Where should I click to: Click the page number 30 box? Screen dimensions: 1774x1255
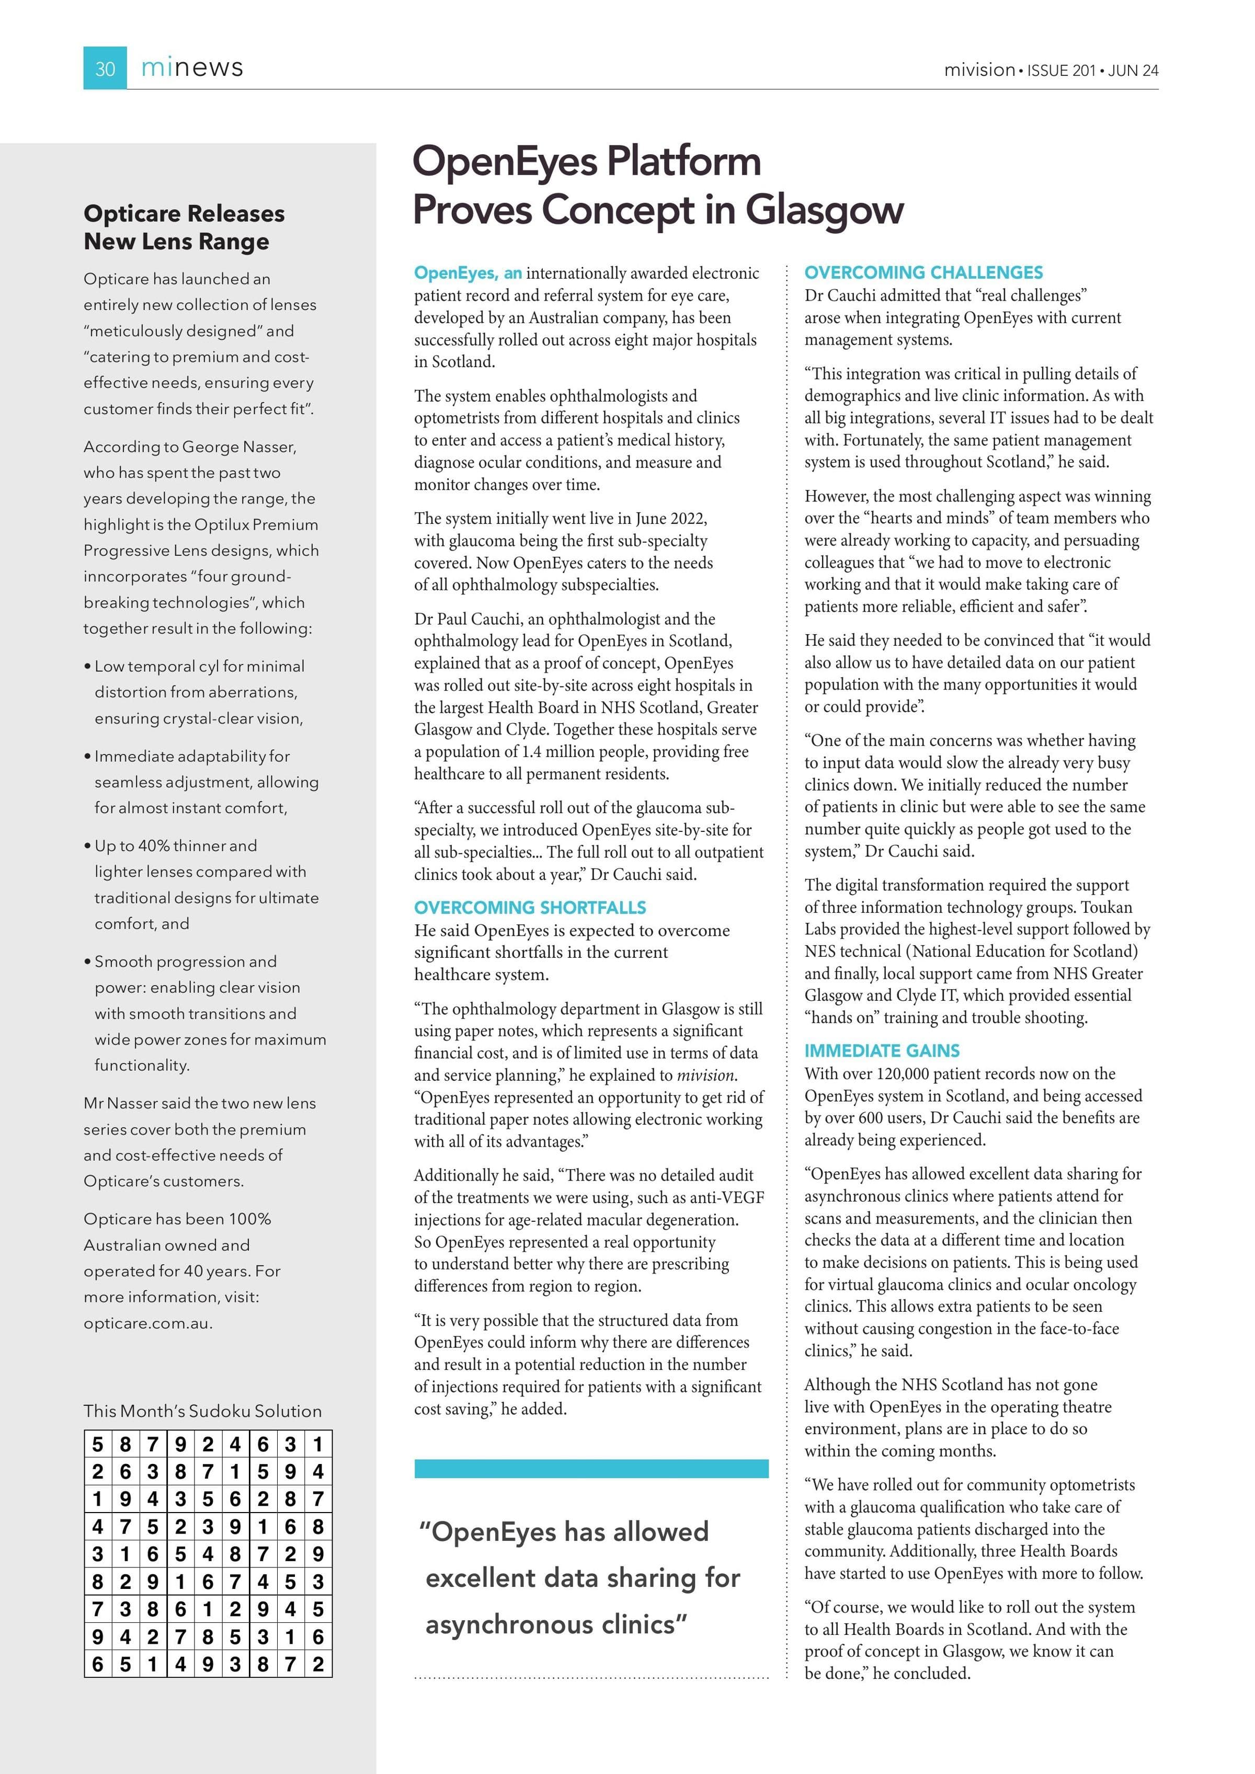[105, 69]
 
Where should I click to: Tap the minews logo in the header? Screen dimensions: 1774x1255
[192, 68]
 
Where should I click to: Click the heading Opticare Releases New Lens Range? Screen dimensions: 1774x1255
[184, 227]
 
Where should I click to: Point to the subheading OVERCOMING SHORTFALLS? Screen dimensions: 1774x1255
[530, 907]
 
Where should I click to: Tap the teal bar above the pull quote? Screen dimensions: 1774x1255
[591, 1468]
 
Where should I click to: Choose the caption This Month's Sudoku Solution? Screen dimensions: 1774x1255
[202, 1411]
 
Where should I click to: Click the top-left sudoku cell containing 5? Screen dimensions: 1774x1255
[97, 1444]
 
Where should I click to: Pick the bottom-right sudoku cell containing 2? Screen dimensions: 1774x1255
[318, 1664]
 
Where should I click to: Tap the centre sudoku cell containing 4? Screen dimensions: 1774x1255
[208, 1554]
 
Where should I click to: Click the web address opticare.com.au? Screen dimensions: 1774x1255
[147, 1323]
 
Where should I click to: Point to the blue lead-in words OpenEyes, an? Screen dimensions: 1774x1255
[467, 273]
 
